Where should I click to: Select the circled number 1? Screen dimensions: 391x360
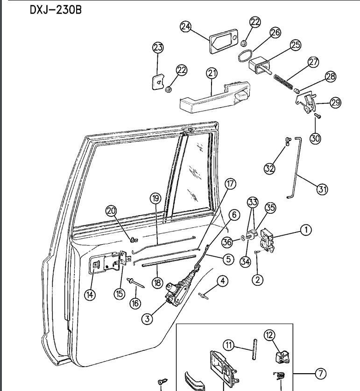point(306,230)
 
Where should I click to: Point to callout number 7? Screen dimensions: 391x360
point(320,373)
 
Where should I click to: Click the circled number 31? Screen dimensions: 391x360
point(322,189)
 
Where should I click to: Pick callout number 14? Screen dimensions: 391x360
point(90,295)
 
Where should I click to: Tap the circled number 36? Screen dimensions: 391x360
point(227,241)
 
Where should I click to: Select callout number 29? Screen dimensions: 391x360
point(335,103)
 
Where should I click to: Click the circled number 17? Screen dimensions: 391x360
point(230,184)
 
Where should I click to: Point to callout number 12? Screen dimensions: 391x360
point(269,335)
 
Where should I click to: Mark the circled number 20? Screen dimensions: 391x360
point(111,211)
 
